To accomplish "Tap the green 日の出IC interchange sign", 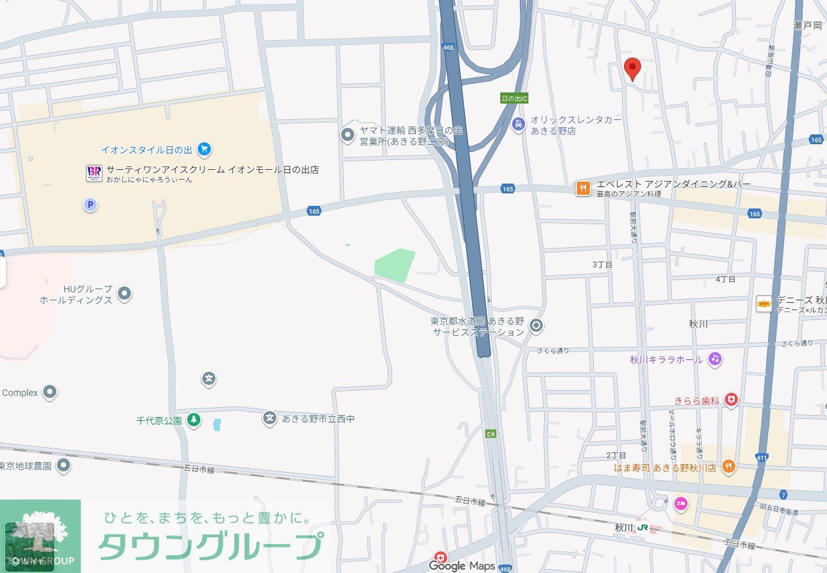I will coord(514,98).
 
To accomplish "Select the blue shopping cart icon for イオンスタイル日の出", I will coord(204,149).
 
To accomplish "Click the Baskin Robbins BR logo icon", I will coord(94,173).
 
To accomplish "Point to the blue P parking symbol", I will coord(90,205).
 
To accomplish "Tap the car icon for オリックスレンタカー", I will coord(519,124).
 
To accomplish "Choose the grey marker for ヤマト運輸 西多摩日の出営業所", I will coord(348,135).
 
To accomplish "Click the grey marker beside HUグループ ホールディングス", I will coord(124,294).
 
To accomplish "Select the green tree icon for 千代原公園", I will coord(194,420).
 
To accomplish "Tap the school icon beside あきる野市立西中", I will coord(270,418).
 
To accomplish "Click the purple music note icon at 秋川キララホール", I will coord(714,359).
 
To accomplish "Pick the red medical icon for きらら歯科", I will coord(731,400).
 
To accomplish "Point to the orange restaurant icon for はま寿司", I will coord(728,467).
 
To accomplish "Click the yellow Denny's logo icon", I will coord(764,303).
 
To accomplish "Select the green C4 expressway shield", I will coord(490,433).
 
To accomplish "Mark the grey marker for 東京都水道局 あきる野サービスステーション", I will coord(536,325).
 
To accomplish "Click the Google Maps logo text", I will coord(462,566).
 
